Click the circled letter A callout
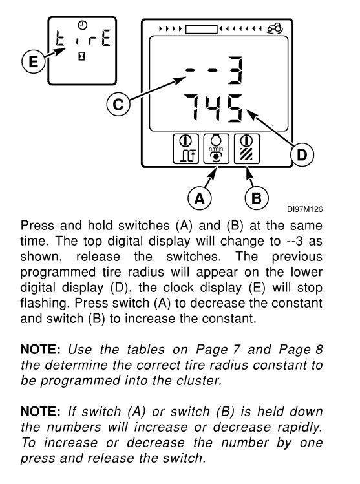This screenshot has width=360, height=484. pyautogui.click(x=200, y=198)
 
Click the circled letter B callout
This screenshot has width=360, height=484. pyautogui.click(x=257, y=198)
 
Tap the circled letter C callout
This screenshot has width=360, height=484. pyautogui.click(x=118, y=104)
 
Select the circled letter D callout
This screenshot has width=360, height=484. pyautogui.click(x=302, y=154)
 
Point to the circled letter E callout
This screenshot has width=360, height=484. pyautogui.click(x=34, y=61)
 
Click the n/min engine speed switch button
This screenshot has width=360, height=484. pyautogui.click(x=216, y=149)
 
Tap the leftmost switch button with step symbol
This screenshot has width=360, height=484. pyautogui.click(x=185, y=149)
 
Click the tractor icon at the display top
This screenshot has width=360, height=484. pyautogui.click(x=275, y=28)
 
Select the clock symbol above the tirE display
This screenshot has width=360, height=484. pyautogui.click(x=83, y=25)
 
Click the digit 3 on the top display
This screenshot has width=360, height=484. pyautogui.click(x=235, y=70)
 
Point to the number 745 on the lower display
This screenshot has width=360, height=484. pyautogui.click(x=213, y=108)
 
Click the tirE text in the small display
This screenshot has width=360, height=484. pyautogui.click(x=83, y=37)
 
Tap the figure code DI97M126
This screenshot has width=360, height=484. pyautogui.click(x=304, y=209)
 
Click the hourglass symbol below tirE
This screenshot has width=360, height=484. pyautogui.click(x=81, y=56)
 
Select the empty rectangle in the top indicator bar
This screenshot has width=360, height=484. pyautogui.click(x=201, y=29)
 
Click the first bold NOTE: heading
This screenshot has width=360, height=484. pyautogui.click(x=41, y=350)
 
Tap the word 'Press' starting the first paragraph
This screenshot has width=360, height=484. pyautogui.click(x=37, y=226)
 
